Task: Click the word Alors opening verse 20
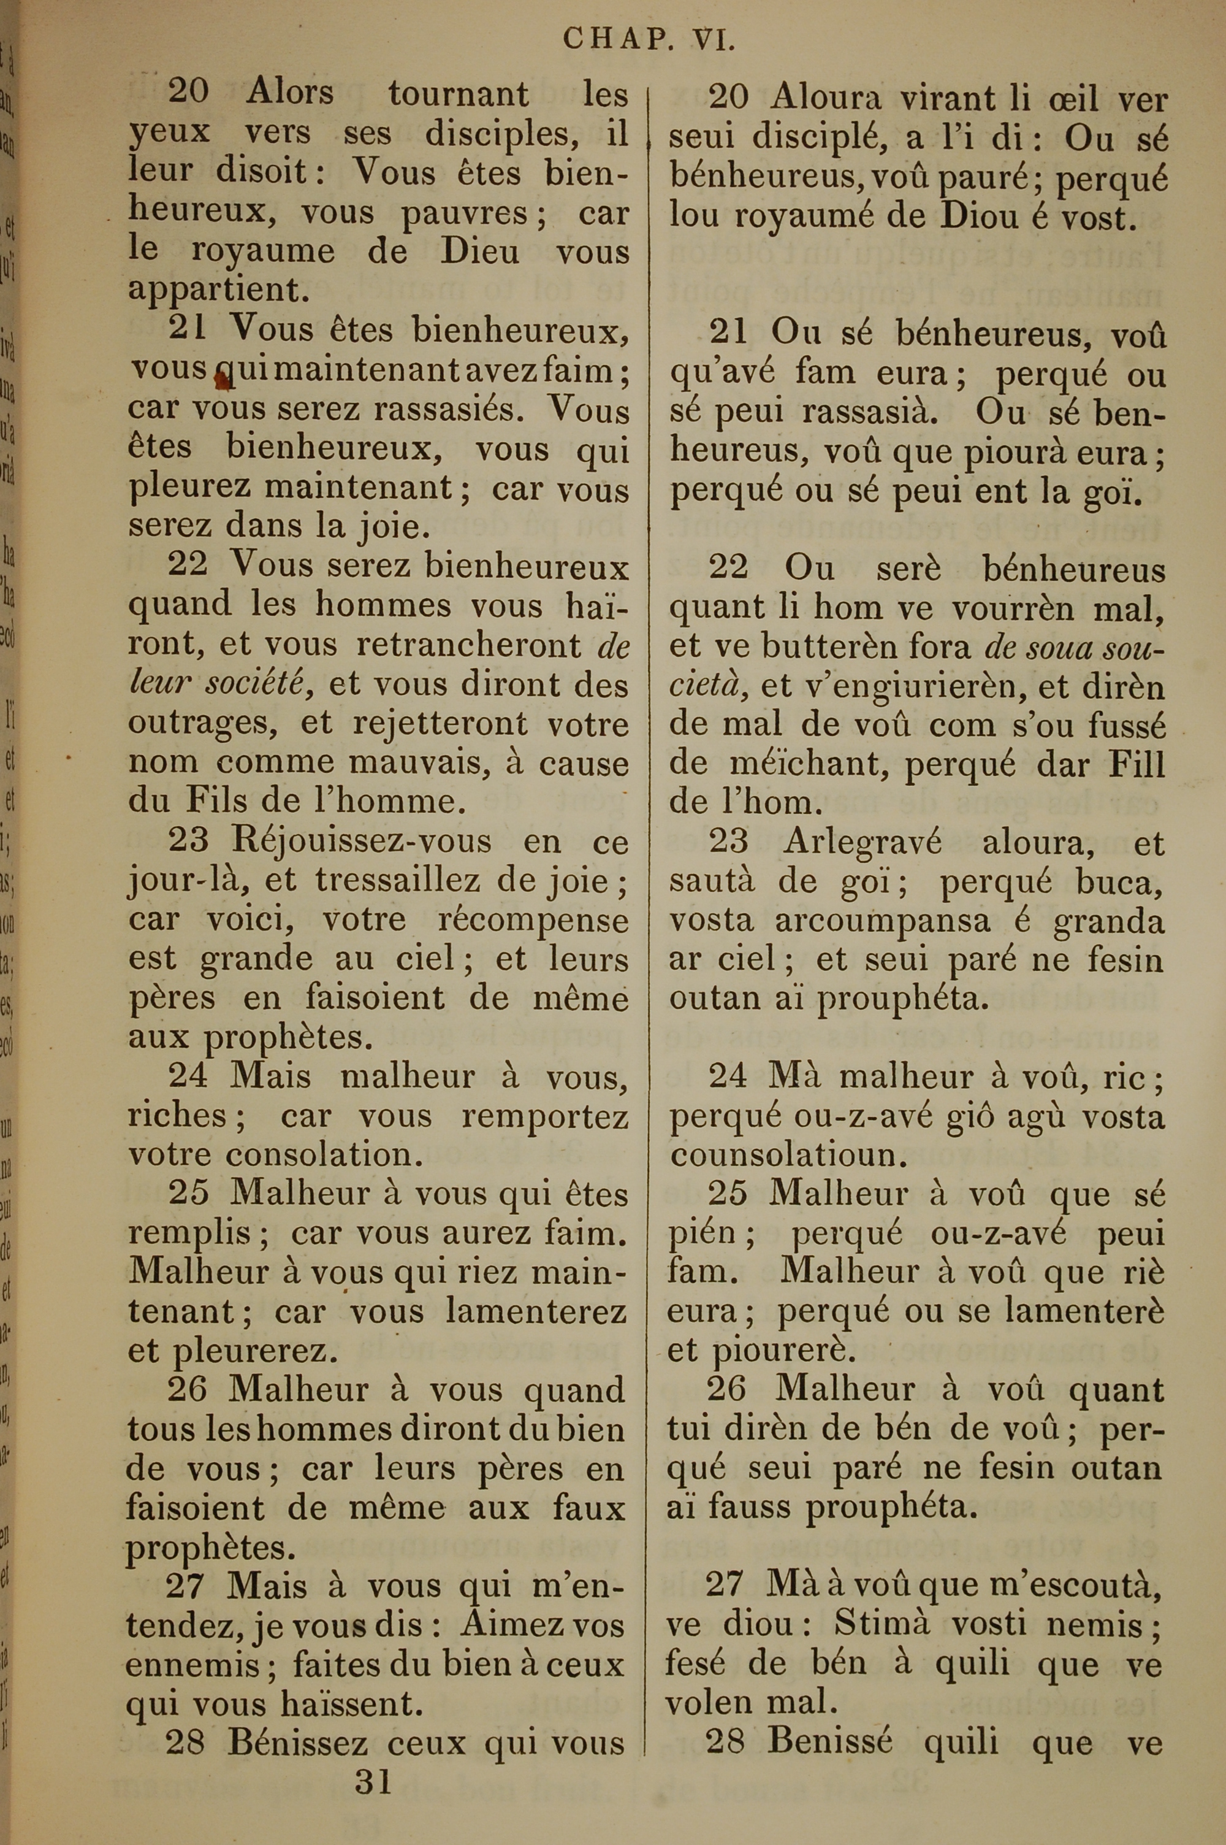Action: [x=290, y=93]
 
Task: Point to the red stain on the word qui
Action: [x=221, y=380]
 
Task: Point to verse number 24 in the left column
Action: [x=188, y=1076]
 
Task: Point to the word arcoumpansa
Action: [x=883, y=921]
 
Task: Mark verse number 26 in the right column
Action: [x=726, y=1390]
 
